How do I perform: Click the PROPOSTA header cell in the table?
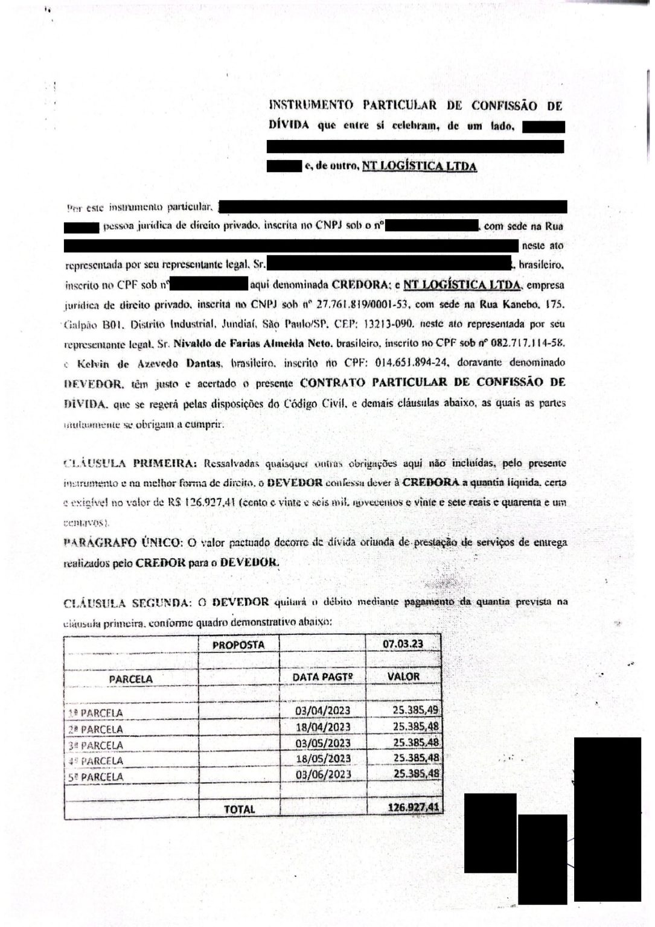click(x=238, y=645)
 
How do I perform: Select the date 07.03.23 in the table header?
click(x=403, y=644)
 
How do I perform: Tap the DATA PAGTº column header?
click(x=322, y=677)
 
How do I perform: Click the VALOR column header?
click(x=403, y=677)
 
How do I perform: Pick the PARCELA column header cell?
click(x=131, y=679)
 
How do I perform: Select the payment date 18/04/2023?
click(x=323, y=727)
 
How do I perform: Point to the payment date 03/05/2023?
click(x=323, y=743)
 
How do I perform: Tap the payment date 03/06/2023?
click(x=323, y=774)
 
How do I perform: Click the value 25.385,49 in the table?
click(x=416, y=710)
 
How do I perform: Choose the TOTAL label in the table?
click(x=240, y=809)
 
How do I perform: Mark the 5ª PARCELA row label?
click(x=97, y=777)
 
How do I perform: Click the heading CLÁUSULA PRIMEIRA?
click(x=130, y=463)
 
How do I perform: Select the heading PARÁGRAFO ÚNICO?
click(x=123, y=542)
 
